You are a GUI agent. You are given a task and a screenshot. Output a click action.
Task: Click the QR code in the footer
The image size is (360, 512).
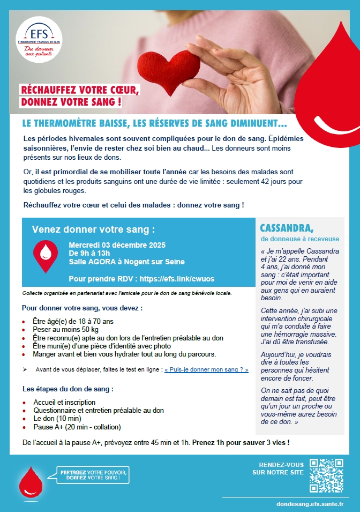[326, 476]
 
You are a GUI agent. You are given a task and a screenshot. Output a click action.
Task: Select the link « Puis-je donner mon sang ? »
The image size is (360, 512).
[206, 369]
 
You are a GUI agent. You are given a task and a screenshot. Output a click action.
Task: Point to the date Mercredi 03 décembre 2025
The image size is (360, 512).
[117, 245]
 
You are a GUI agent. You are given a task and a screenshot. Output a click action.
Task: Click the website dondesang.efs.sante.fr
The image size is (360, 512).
[310, 504]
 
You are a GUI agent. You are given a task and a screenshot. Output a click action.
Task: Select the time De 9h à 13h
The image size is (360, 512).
[89, 253]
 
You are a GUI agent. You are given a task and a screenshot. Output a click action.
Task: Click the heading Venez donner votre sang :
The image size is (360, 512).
[93, 229]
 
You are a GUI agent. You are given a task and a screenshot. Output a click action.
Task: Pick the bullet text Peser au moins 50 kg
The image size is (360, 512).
[66, 330]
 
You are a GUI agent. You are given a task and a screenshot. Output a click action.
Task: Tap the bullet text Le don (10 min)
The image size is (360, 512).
[57, 419]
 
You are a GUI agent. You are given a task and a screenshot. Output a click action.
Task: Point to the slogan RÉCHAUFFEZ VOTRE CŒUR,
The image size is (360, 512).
[79, 89]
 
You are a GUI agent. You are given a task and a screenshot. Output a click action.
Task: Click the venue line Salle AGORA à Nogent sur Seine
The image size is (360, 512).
[127, 262]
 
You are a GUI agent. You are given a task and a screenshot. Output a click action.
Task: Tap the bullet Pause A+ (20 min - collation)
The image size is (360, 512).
[77, 427]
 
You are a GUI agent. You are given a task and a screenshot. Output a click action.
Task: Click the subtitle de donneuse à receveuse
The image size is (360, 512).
[300, 239]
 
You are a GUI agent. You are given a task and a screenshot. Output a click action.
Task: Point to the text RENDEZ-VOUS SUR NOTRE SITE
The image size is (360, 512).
[278, 468]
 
